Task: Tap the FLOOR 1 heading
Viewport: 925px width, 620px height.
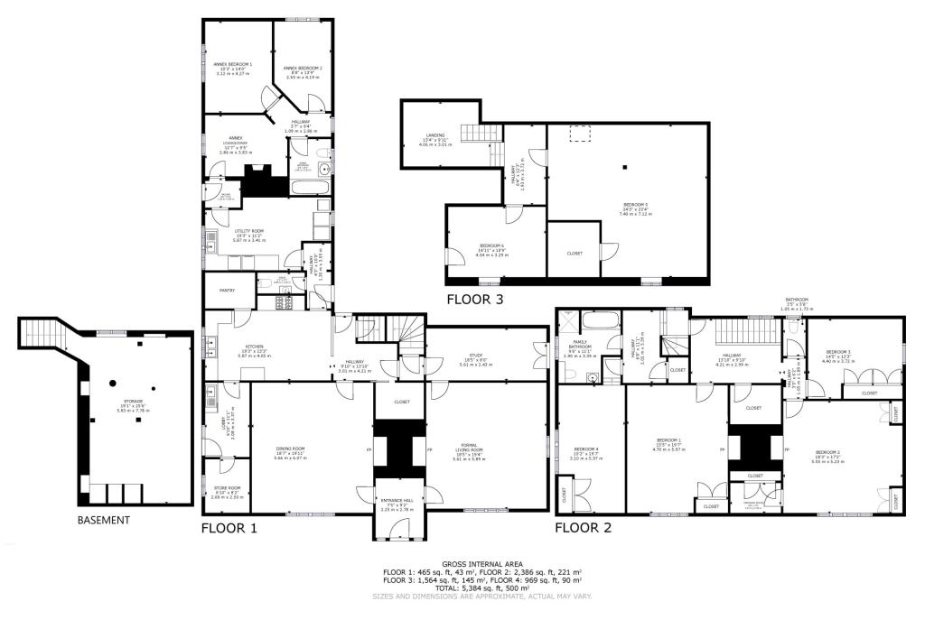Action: pyautogui.click(x=229, y=529)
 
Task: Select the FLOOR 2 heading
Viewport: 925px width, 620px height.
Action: pyautogui.click(x=584, y=528)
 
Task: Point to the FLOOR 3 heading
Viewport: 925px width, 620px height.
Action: pyautogui.click(x=475, y=299)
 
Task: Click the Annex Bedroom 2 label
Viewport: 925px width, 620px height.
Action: pyautogui.click(x=302, y=68)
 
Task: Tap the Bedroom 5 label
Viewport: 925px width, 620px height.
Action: pyautogui.click(x=635, y=204)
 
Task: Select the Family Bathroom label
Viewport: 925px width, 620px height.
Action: pyautogui.click(x=581, y=343)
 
